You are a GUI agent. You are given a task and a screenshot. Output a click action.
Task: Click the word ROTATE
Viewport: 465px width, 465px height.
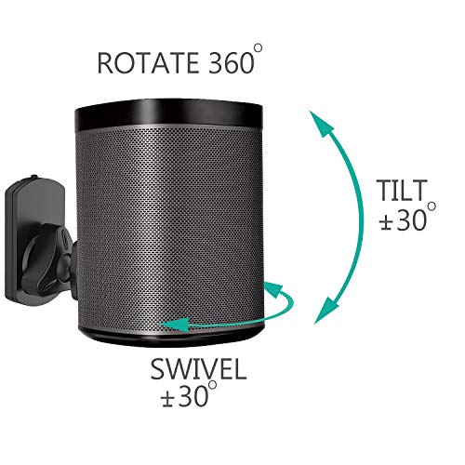pyautogui.click(x=148, y=63)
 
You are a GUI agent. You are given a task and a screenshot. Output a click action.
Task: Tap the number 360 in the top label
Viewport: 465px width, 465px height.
pyautogui.click(x=232, y=63)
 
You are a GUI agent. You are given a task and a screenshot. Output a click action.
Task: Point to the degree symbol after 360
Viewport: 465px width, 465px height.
pyautogui.click(x=258, y=48)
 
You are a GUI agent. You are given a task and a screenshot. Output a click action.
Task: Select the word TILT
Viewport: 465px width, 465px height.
pyautogui.click(x=402, y=191)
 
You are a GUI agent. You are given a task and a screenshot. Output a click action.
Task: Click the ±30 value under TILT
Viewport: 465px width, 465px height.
pyautogui.click(x=404, y=219)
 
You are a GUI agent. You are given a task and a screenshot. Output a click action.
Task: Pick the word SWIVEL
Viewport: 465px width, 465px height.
pyautogui.click(x=198, y=369)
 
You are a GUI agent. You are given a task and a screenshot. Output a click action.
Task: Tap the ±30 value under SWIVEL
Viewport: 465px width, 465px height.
pyautogui.click(x=184, y=396)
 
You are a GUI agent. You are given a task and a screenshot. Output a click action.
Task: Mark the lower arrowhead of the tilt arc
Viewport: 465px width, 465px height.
pyautogui.click(x=325, y=310)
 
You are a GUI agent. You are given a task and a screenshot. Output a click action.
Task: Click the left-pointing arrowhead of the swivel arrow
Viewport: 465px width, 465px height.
pyautogui.click(x=174, y=324)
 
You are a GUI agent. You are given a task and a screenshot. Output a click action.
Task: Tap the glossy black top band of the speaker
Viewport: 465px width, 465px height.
pyautogui.click(x=169, y=113)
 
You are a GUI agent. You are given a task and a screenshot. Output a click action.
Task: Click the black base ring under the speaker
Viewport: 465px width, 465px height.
pyautogui.click(x=174, y=338)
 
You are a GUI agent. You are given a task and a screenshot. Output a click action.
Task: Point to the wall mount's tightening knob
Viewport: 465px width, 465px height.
pyautogui.click(x=46, y=258)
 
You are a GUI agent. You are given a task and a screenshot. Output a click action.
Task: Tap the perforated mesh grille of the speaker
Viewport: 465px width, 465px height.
pyautogui.click(x=169, y=226)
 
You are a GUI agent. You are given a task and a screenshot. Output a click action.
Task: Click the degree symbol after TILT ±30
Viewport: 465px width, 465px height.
pyautogui.click(x=432, y=206)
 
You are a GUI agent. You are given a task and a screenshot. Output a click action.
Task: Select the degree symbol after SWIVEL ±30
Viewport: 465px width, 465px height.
pyautogui.click(x=212, y=384)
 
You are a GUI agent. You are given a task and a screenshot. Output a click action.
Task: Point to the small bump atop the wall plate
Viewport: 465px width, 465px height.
pyautogui.click(x=33, y=177)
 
